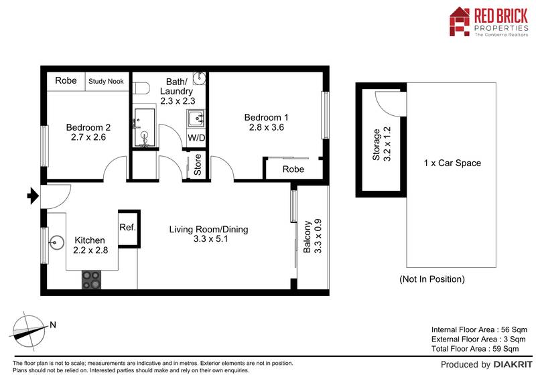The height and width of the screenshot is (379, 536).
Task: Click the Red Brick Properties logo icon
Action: [460, 21]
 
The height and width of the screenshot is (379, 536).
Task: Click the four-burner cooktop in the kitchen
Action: [91, 280]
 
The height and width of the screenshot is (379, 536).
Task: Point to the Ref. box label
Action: [127, 228]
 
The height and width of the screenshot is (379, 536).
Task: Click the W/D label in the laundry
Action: [196, 138]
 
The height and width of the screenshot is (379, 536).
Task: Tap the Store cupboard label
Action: [198, 164]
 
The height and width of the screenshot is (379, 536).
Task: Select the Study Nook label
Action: [107, 82]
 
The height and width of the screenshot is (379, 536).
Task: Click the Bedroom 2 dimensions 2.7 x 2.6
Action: [89, 138]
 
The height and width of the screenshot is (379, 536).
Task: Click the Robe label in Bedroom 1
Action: [293, 169]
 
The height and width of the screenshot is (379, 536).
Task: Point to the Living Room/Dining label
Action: [208, 230]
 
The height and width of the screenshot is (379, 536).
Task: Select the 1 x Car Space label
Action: [452, 163]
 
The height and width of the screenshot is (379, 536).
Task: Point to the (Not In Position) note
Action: [431, 279]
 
